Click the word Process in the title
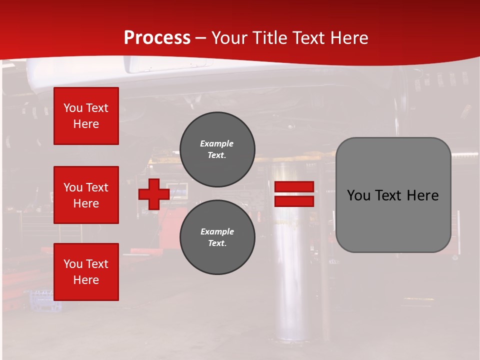(157, 38)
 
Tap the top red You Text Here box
(86, 116)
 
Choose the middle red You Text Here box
(86, 195)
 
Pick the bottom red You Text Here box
(86, 272)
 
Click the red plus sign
(154, 194)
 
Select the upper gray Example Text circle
(217, 149)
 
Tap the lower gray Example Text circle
(217, 237)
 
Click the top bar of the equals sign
(294, 187)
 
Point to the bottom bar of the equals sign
(294, 201)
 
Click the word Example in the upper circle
(217, 143)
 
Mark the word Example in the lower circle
(217, 231)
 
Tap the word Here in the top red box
(86, 124)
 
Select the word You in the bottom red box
(73, 264)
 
